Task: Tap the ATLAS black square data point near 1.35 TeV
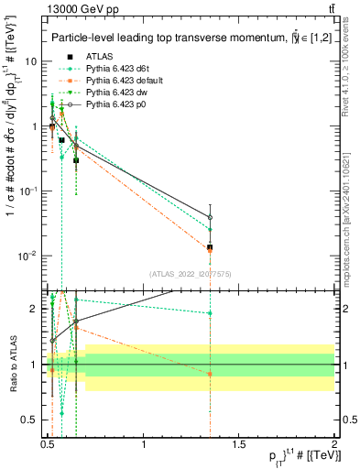[x=210, y=247]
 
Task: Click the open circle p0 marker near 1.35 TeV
[x=210, y=217]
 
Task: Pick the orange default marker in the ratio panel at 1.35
[x=210, y=374]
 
